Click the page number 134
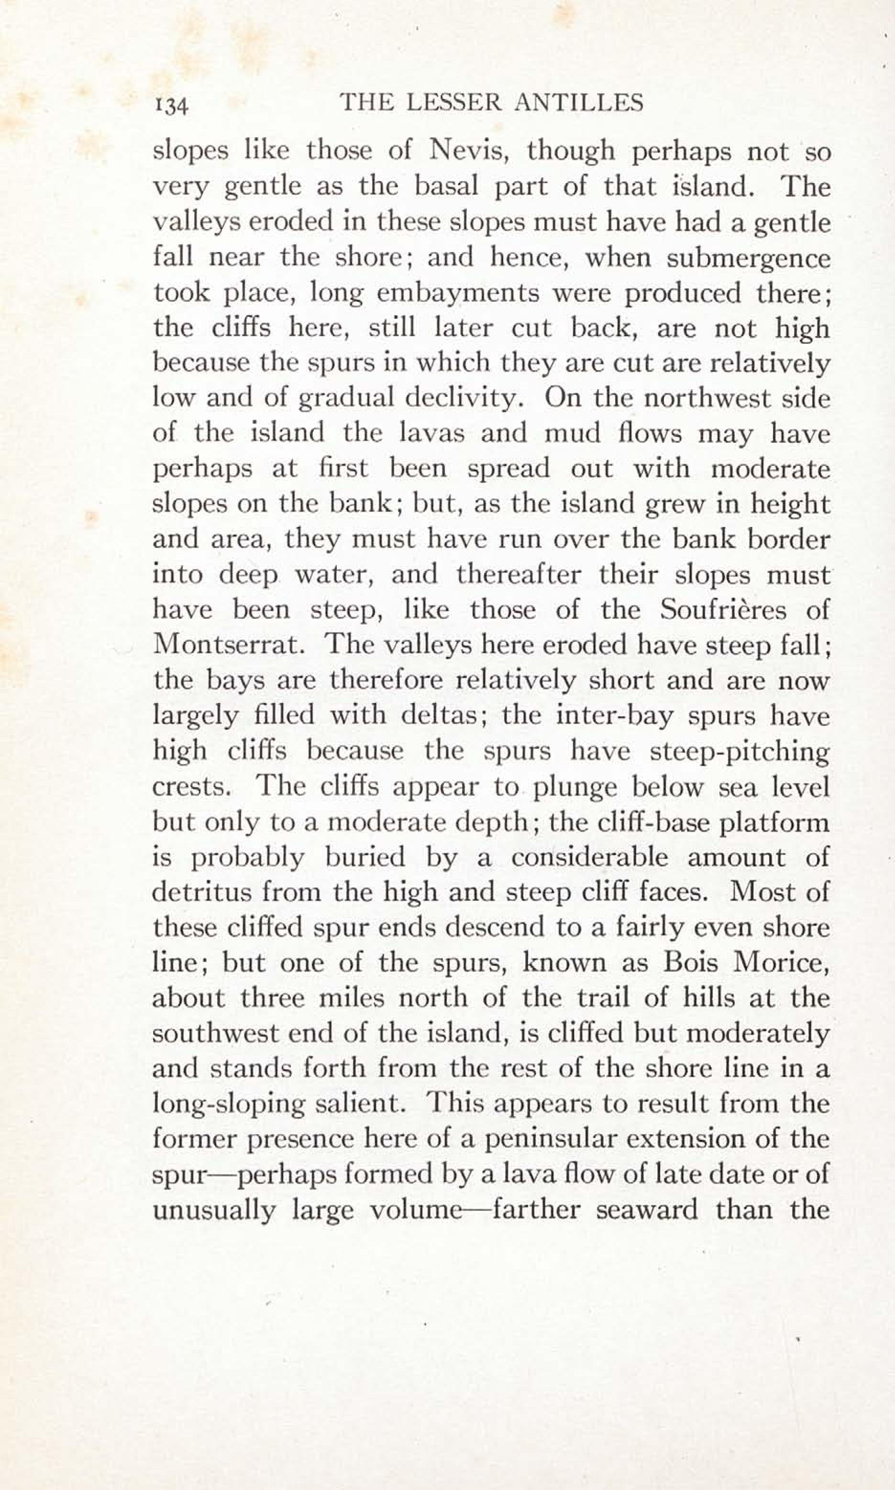pyautogui.click(x=172, y=106)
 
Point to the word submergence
pyautogui.click(x=749, y=259)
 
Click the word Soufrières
pyautogui.click(x=723, y=610)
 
